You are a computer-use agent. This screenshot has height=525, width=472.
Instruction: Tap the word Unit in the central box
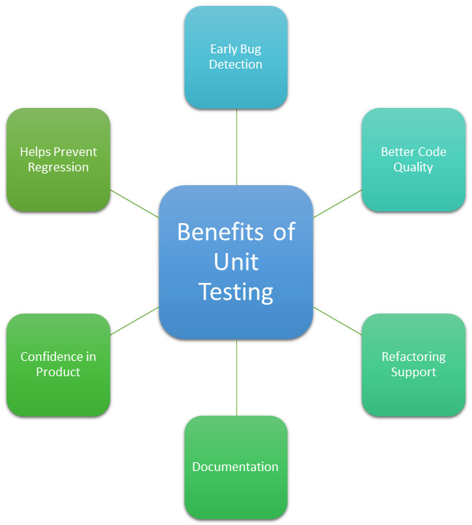[x=236, y=262]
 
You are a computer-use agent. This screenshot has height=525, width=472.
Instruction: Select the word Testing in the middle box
[x=236, y=292]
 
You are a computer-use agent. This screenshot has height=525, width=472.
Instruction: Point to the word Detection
[x=236, y=64]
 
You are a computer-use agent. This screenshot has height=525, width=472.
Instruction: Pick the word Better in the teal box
[x=396, y=152]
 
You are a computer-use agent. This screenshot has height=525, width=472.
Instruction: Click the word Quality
[x=413, y=167]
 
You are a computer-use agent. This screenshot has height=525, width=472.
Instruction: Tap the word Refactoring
[x=413, y=357]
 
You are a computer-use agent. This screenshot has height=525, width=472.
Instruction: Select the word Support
[x=413, y=372]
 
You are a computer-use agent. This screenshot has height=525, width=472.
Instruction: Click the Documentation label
[x=235, y=467]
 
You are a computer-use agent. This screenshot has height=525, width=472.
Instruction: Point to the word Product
[x=58, y=372]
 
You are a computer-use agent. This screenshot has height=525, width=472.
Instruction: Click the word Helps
[x=36, y=152]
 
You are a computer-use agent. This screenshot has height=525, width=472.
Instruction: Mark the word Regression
[x=58, y=167]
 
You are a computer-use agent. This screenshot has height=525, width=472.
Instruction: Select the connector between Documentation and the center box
[x=236, y=378]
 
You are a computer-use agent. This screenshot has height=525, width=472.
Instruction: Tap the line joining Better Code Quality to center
[x=337, y=203]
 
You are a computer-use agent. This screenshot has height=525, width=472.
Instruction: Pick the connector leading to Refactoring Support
[x=337, y=321]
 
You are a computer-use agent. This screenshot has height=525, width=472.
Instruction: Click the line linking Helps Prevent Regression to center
[x=135, y=203]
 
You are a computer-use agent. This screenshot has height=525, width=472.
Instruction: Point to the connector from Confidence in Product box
[x=135, y=321]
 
